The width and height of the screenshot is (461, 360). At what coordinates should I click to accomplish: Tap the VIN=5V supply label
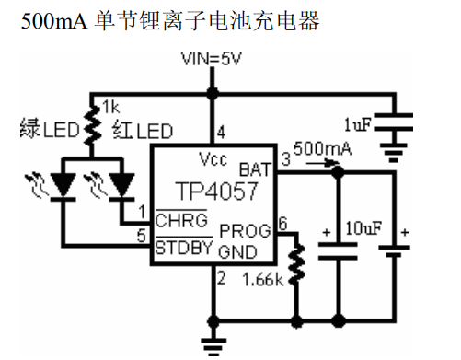pos(213,59)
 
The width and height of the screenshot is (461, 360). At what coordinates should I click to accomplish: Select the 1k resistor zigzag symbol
pos(90,127)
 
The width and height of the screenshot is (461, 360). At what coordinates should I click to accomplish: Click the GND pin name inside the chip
pos(255,250)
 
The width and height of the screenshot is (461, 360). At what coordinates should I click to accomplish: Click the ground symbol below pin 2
pos(214,344)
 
